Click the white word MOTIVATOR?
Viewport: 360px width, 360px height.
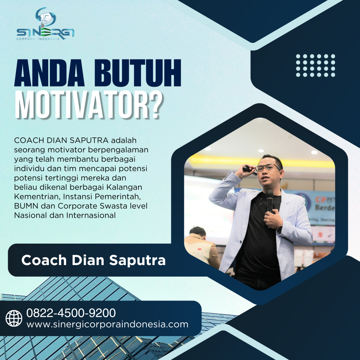(89, 104)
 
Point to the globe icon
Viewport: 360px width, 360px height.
(14, 318)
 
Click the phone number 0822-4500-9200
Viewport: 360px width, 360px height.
(71, 313)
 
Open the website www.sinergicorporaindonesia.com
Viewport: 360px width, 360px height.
(107, 324)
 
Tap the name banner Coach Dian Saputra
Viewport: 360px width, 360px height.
(93, 260)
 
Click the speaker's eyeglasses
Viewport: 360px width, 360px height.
(268, 168)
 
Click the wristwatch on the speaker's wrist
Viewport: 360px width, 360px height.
(280, 227)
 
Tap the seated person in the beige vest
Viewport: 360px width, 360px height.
(200, 246)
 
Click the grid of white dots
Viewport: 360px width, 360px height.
(315, 65)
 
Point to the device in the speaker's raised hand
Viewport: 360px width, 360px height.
(248, 169)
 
